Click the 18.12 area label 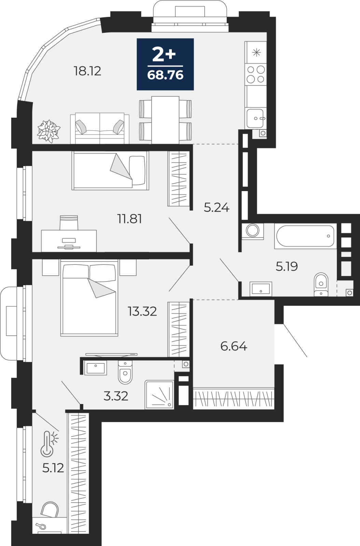click(x=87, y=71)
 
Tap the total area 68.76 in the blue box click(x=165, y=75)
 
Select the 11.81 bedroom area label click(x=129, y=219)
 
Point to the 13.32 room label click(x=142, y=311)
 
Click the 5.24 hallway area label click(x=217, y=208)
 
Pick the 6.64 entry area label click(x=234, y=346)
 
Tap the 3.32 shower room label click(x=116, y=396)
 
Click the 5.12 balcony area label click(x=53, y=468)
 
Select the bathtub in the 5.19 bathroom click(x=305, y=236)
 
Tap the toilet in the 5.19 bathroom click(x=321, y=285)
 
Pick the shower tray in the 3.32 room click(x=159, y=394)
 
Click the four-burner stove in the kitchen click(x=256, y=74)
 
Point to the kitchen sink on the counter click(x=255, y=118)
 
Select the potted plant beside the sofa click(x=49, y=131)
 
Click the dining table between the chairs click(x=165, y=120)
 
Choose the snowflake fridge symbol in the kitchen click(x=257, y=53)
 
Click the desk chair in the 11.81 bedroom click(x=69, y=222)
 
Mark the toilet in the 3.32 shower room click(x=125, y=372)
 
